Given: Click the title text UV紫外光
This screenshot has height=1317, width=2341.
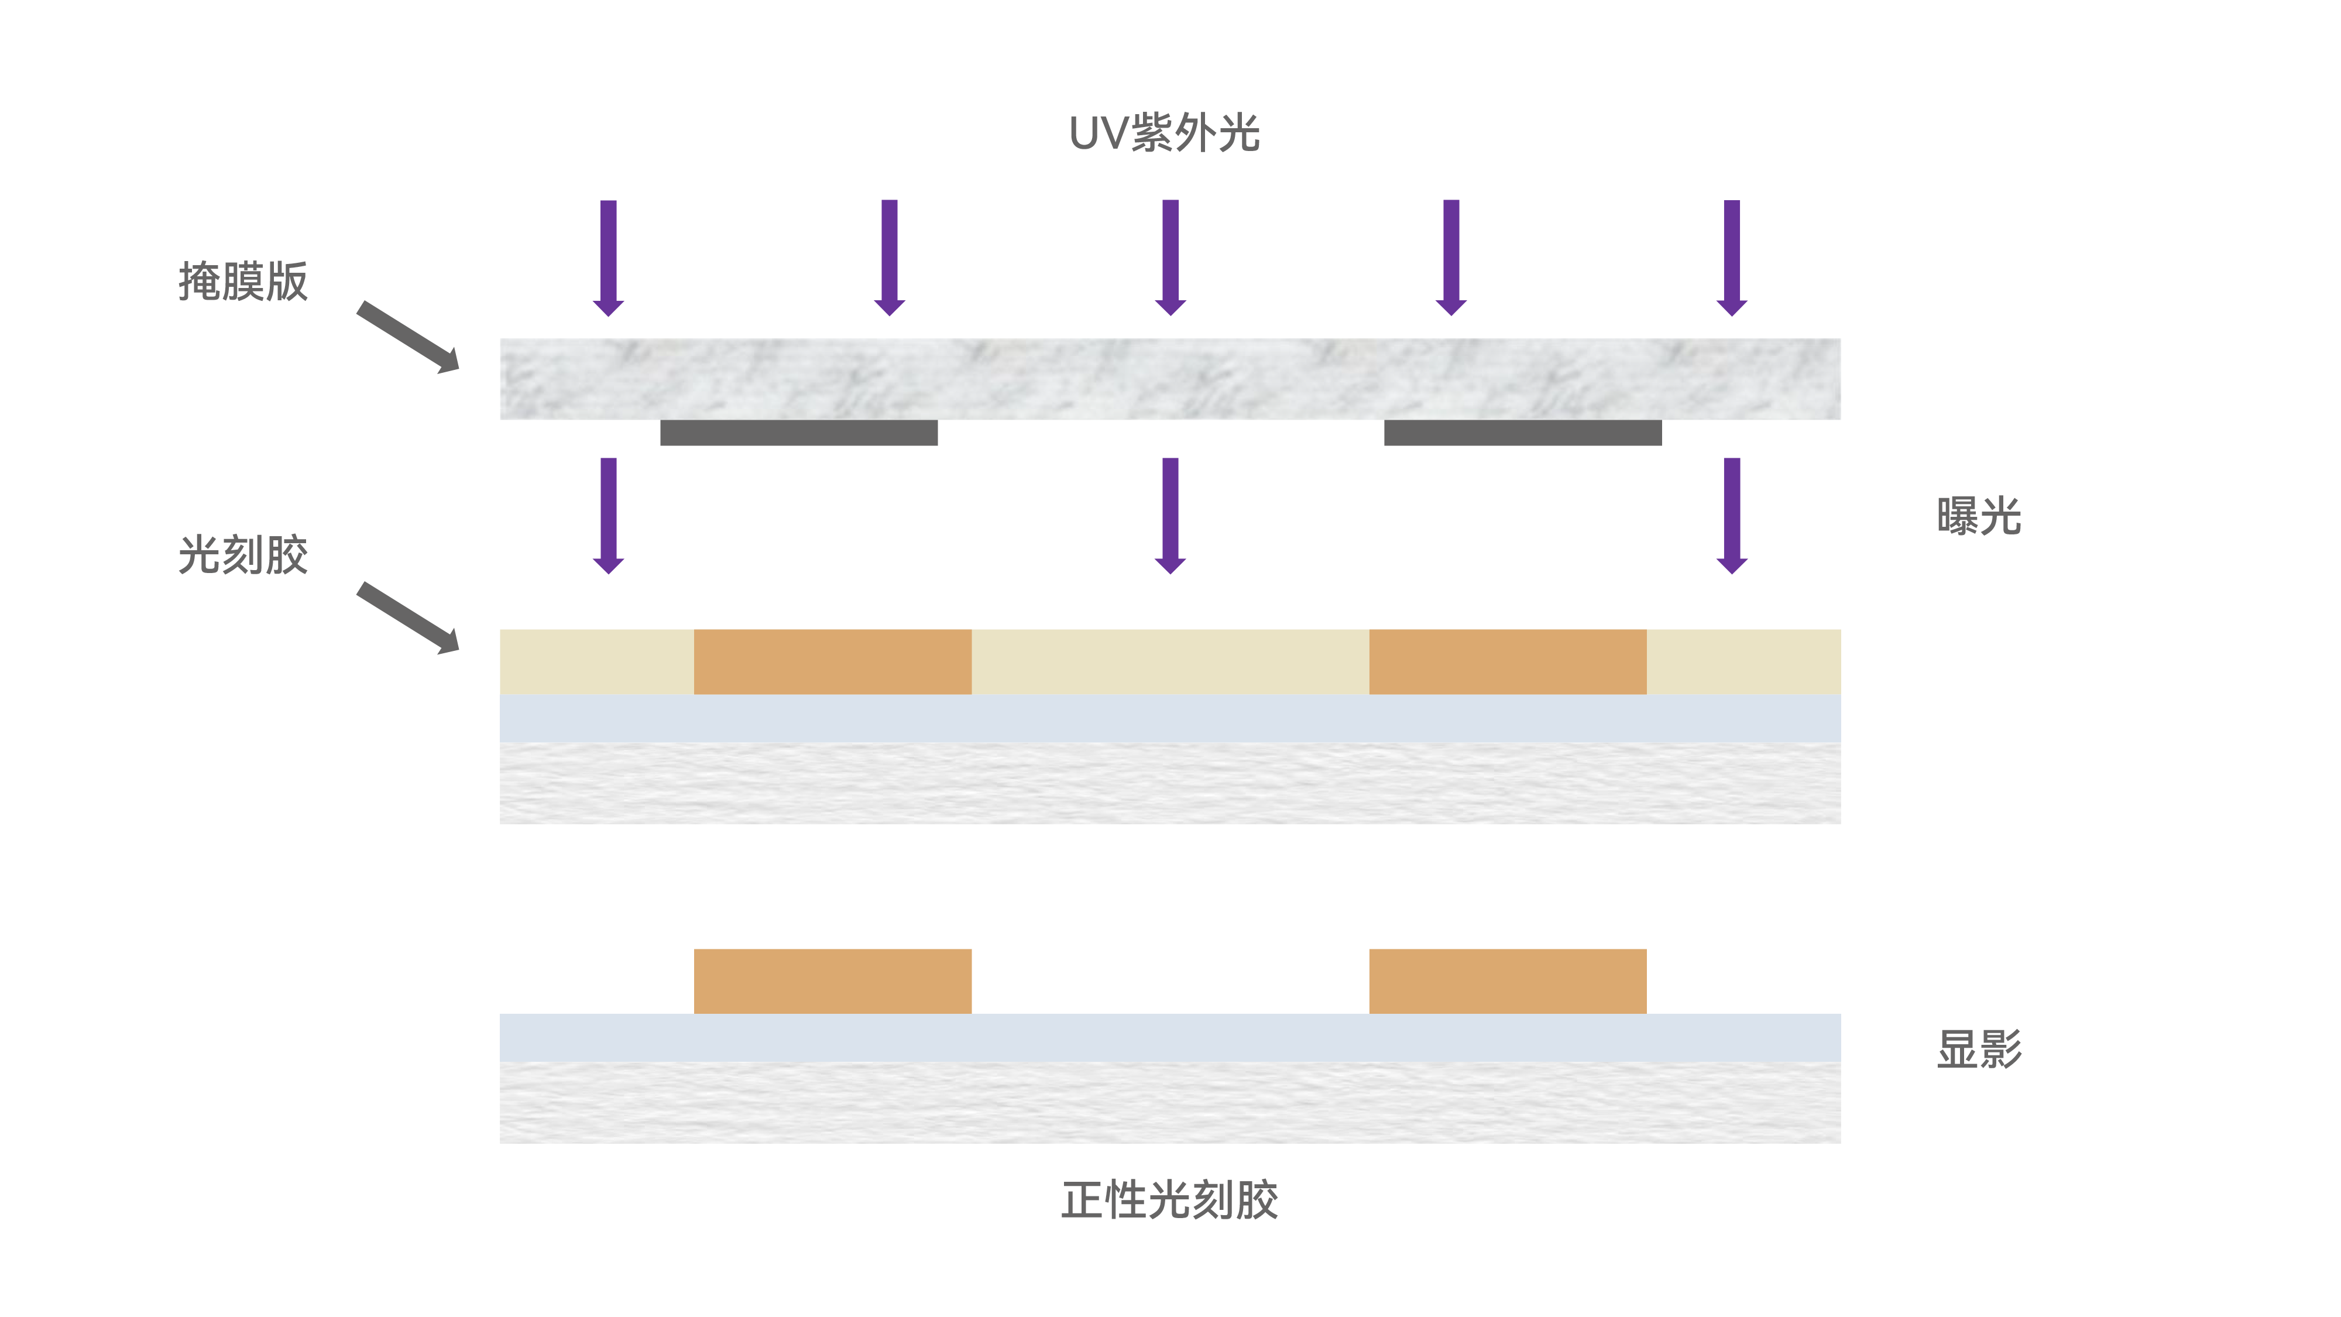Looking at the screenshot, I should [1164, 133].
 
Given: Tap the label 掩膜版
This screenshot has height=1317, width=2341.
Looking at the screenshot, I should [243, 281].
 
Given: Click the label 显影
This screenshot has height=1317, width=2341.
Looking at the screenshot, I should [1978, 1049].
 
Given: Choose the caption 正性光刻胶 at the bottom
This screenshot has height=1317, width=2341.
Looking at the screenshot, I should [1169, 1200].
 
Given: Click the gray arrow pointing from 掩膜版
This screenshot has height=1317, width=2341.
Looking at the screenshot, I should [408, 337].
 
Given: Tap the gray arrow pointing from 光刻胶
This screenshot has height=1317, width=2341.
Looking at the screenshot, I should [408, 618].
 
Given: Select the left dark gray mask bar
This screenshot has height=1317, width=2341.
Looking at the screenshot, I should [799, 433].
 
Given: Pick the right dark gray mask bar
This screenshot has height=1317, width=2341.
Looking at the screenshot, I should [1522, 433].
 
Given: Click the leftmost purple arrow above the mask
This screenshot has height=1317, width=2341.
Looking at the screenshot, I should [609, 257].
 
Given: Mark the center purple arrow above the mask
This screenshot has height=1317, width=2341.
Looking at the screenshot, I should [1170, 257].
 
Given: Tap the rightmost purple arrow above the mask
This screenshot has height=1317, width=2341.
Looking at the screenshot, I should [1732, 257].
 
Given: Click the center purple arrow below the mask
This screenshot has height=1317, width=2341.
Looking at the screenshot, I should [1170, 515].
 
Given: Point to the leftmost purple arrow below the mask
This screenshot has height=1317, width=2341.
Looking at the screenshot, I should [609, 515].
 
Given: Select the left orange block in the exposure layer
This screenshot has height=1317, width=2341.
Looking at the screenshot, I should [832, 661].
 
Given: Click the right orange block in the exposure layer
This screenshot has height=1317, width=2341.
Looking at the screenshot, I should [1508, 661].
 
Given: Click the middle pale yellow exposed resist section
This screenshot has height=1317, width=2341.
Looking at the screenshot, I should [1170, 661].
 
